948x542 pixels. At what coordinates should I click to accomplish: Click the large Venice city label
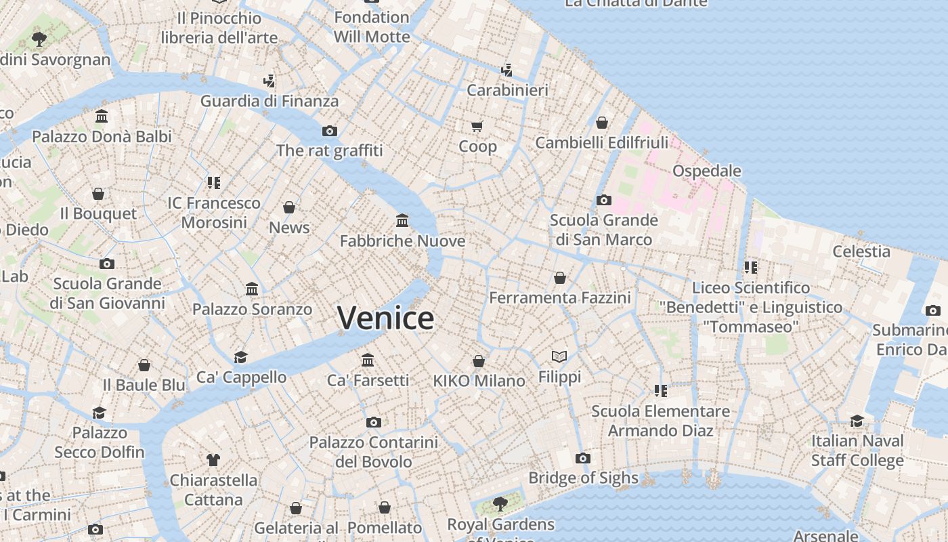click(385, 318)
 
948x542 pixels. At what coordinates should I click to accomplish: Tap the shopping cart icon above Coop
click(477, 126)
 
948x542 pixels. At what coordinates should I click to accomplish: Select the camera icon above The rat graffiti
click(330, 131)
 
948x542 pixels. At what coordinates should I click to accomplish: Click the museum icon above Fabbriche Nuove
click(402, 220)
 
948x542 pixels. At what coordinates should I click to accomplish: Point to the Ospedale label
click(706, 171)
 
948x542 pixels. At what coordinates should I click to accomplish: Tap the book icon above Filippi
click(559, 356)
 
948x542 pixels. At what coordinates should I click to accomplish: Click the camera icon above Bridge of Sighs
click(582, 458)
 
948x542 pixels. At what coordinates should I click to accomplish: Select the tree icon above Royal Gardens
click(500, 503)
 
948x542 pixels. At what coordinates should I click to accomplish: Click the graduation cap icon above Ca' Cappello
click(240, 357)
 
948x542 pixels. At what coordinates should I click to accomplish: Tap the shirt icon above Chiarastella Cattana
click(213, 460)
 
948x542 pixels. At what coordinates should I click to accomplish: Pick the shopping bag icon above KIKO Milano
click(479, 361)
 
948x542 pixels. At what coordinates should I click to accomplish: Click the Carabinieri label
click(507, 89)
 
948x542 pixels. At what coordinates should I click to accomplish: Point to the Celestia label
click(861, 251)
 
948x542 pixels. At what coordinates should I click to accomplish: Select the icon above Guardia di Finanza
click(269, 81)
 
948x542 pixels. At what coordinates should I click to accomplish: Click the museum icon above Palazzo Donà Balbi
click(102, 117)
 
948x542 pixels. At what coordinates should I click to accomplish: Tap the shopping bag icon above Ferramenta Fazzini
click(560, 278)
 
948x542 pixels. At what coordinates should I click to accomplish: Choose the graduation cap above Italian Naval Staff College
click(857, 421)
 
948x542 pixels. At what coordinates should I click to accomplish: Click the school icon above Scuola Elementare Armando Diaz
click(661, 391)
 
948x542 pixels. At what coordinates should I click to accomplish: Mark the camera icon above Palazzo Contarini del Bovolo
click(373, 422)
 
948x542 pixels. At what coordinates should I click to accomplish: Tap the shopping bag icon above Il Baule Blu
click(144, 365)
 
